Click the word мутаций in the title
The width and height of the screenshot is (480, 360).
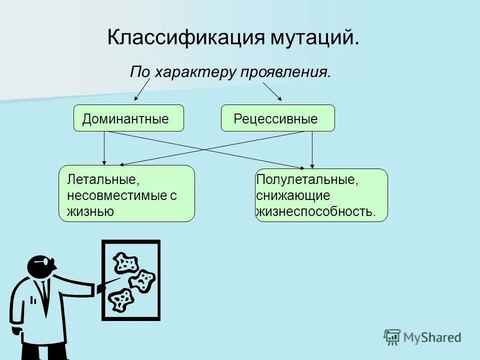312,38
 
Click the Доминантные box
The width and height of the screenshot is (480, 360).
128,118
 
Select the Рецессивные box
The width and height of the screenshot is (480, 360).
277,118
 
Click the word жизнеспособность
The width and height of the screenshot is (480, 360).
315,211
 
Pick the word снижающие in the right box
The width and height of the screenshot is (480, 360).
293,195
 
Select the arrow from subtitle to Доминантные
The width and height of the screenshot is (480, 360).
142,90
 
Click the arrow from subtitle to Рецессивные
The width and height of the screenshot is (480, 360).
272,91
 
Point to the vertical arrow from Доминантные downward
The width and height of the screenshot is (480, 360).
104,148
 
